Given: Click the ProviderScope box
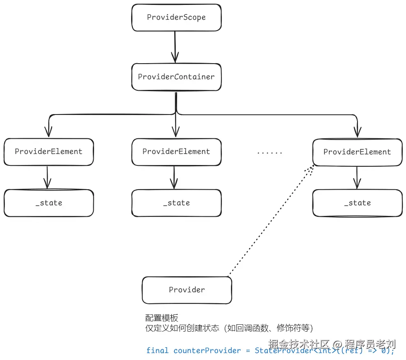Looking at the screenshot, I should tap(176, 18).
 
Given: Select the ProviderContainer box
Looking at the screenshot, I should tap(176, 77).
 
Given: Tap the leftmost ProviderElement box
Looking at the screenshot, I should tap(48, 151).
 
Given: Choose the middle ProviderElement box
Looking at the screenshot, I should tap(176, 151).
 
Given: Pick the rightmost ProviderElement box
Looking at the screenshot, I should tap(357, 152).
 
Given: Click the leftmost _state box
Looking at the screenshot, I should tap(48, 203).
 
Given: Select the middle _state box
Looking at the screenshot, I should tap(176, 203).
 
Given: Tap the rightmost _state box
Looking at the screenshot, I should tap(357, 203).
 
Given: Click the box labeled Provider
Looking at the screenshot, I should tap(187, 290).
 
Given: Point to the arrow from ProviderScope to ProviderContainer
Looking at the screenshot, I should tap(175, 46).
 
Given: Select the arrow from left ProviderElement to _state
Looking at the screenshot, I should tap(48, 177).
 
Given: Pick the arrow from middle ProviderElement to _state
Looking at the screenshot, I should tap(175, 177).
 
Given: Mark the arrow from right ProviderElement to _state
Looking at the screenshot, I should tap(357, 177).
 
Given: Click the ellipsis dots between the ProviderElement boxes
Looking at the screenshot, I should tap(270, 152).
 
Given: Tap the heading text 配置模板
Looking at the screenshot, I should tap(162, 318).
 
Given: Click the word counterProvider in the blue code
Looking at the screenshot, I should tap(207, 351).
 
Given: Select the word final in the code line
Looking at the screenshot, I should tap(157, 351).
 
